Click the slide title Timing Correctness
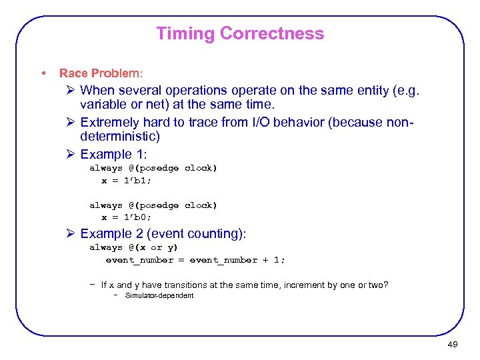[x=240, y=34]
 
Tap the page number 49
[x=452, y=345]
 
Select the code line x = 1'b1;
[x=127, y=180]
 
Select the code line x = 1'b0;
[x=127, y=217]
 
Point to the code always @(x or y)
[x=134, y=247]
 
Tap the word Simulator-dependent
[x=159, y=295]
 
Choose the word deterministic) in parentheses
[x=120, y=137]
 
